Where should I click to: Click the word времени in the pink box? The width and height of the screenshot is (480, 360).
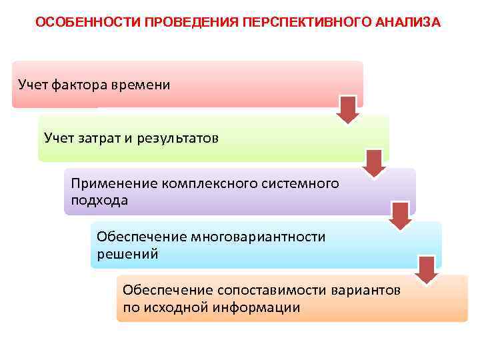coord(143,85)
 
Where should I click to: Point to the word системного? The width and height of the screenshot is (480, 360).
coord(301,183)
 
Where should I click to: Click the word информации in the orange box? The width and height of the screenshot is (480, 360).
coord(257,307)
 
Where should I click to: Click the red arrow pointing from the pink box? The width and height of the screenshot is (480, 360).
coord(347,109)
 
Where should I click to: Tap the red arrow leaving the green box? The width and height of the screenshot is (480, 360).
coord(375,163)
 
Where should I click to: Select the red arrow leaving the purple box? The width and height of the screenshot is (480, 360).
coord(401,215)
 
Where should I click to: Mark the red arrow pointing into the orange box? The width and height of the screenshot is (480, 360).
coord(427,268)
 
